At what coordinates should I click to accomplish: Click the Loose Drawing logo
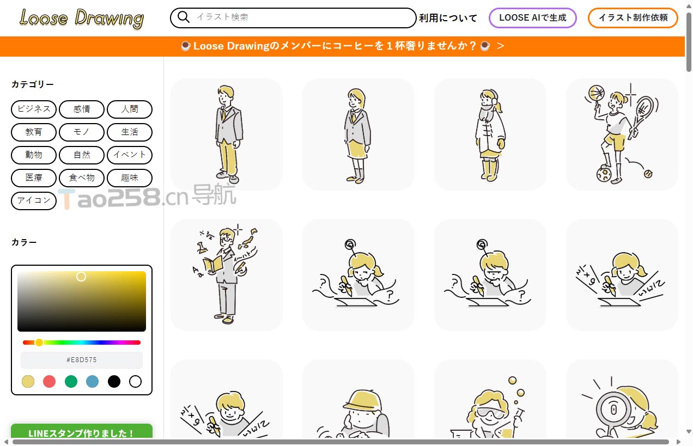click(82, 19)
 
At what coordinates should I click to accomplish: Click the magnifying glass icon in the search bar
click(184, 17)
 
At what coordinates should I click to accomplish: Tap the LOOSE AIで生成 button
click(532, 17)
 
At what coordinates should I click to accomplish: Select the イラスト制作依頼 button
click(633, 17)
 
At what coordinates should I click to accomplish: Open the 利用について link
click(448, 18)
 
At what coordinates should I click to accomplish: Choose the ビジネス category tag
click(34, 109)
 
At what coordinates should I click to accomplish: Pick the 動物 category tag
click(34, 155)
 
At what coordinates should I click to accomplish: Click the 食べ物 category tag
click(82, 178)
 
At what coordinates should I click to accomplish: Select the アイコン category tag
click(34, 201)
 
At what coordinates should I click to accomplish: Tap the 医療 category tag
click(34, 178)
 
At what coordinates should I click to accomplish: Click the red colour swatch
click(49, 381)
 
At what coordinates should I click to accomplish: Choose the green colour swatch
click(71, 381)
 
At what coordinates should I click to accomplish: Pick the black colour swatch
click(114, 381)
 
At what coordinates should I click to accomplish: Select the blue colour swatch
click(92, 381)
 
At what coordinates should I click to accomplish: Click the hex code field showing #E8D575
click(82, 360)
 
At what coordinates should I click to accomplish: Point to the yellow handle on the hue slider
click(39, 343)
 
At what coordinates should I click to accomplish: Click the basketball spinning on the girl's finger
click(596, 93)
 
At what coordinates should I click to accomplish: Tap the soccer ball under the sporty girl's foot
click(604, 175)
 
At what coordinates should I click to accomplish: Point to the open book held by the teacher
click(213, 265)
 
